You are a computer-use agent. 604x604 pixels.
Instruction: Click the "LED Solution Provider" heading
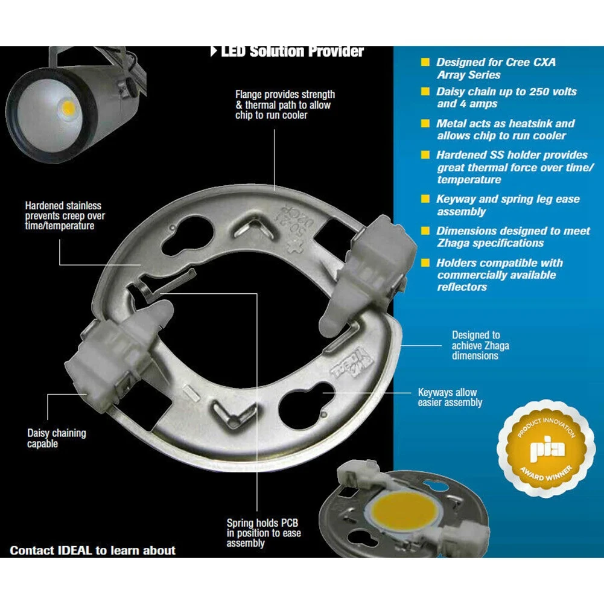292,51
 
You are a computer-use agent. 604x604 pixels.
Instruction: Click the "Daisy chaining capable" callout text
56,439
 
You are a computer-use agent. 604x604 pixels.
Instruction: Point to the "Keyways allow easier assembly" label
450,398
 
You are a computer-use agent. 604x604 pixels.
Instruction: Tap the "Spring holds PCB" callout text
263,533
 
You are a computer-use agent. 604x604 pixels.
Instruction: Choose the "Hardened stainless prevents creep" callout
63,215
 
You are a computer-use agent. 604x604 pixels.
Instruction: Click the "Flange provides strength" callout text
285,104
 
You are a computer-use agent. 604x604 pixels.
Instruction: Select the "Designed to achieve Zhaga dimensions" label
475,345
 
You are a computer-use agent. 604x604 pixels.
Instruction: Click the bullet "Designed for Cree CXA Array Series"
495,68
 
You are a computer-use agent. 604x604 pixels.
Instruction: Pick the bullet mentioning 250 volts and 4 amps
506,98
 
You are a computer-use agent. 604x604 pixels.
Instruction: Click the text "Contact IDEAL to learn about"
92,550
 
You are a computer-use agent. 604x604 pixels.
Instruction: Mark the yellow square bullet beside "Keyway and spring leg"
425,199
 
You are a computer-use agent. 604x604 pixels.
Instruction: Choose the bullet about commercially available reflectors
500,275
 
